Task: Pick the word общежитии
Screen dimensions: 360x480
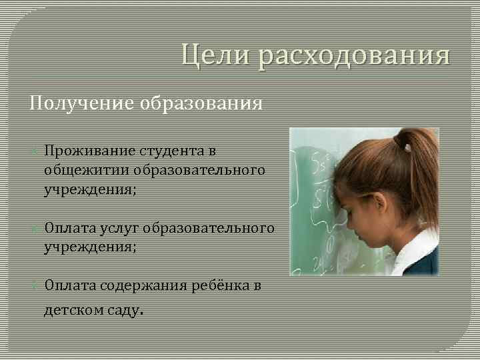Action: [x=86, y=170]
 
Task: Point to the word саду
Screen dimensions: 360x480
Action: [x=124, y=310]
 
